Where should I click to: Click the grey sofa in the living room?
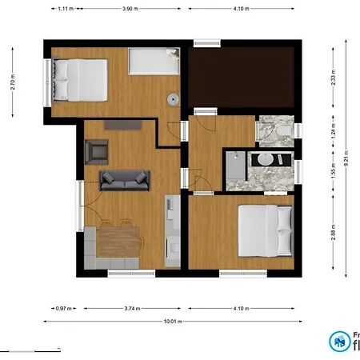point(125,180)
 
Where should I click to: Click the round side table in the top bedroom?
point(172,99)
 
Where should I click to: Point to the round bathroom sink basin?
point(264,158)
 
